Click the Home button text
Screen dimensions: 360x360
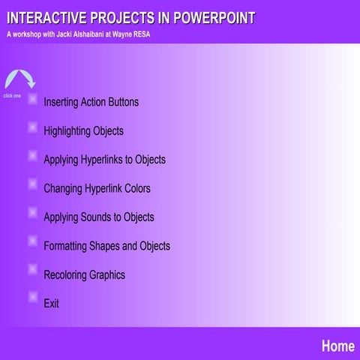click(337, 346)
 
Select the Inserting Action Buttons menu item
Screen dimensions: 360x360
click(91, 102)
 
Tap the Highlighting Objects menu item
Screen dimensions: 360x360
click(83, 130)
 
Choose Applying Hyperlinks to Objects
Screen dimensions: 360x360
click(104, 160)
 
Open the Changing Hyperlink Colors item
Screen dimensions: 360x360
click(97, 188)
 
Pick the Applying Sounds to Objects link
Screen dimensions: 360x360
click(98, 217)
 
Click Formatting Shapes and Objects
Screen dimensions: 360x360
click(106, 246)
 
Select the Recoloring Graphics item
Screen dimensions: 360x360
click(84, 274)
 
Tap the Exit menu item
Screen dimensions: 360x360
click(51, 304)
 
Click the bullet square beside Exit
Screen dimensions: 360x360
click(32, 297)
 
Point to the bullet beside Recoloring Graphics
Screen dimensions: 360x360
click(32, 268)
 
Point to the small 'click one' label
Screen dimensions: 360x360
click(12, 96)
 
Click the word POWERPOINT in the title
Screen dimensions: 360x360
click(214, 17)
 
